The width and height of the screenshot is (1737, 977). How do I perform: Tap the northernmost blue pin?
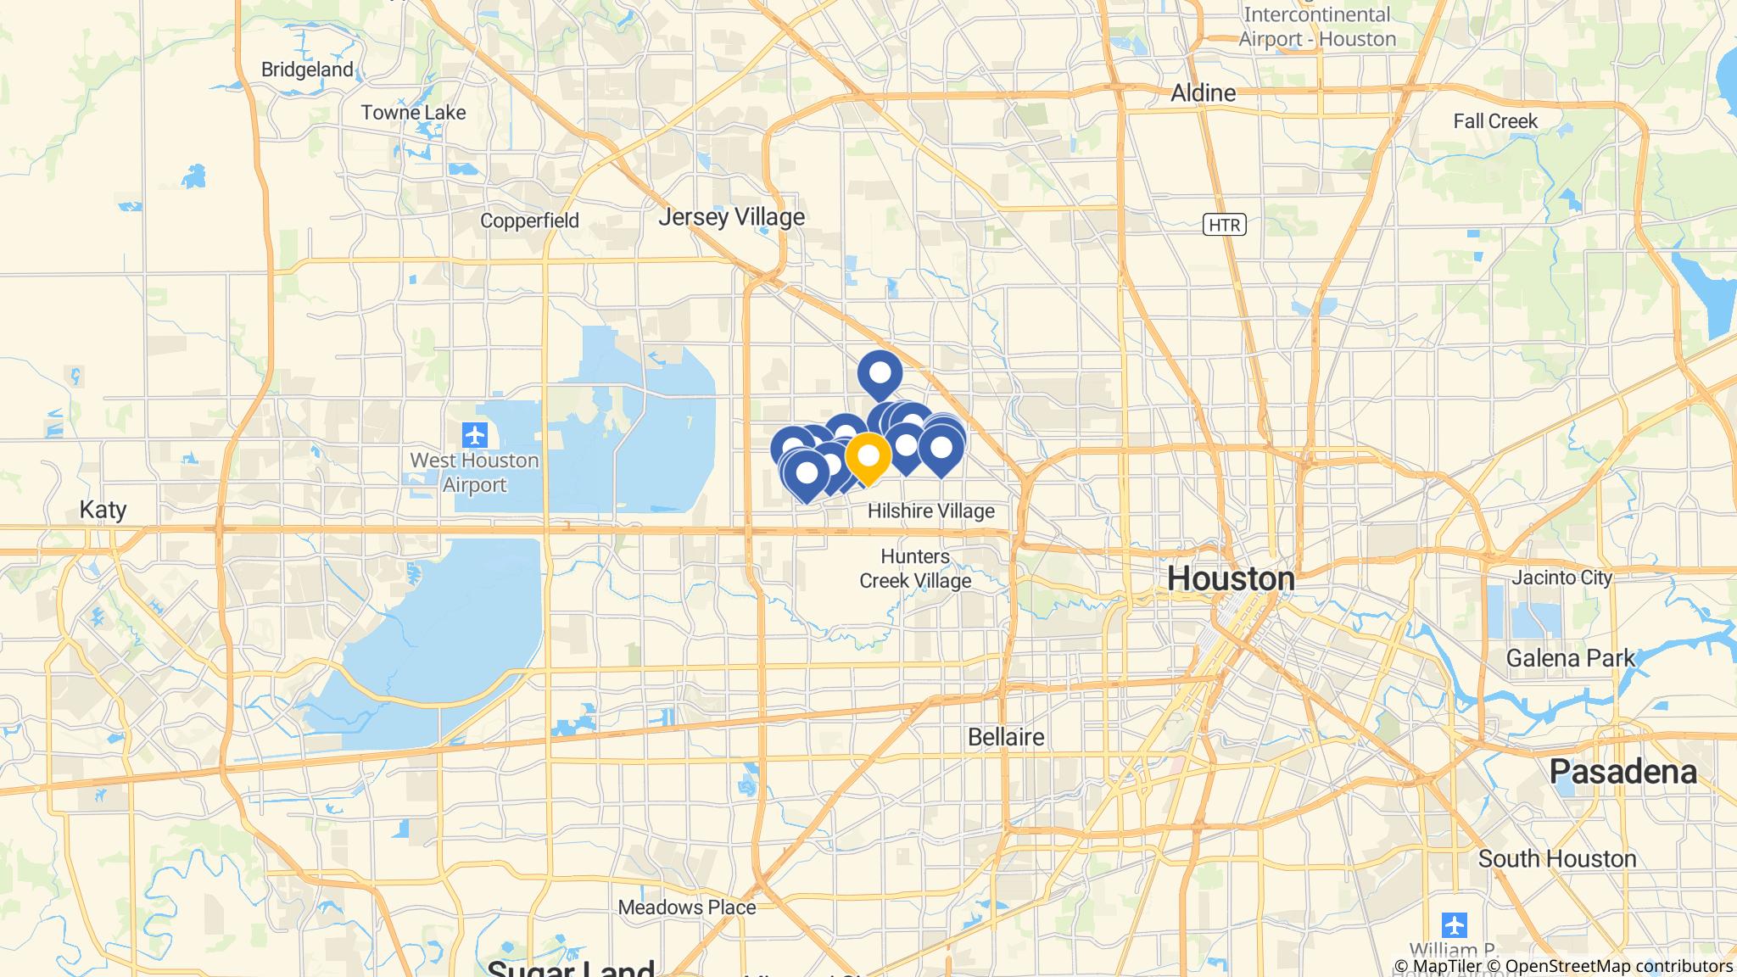coord(880,373)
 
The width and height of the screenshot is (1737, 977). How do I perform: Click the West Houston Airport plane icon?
coord(475,436)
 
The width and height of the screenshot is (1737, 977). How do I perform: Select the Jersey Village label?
coord(731,217)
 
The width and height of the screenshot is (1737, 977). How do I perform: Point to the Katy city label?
coord(103,510)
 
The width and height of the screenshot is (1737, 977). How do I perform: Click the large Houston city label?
coord(1231,578)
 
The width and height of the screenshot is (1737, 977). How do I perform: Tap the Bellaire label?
coord(1006,737)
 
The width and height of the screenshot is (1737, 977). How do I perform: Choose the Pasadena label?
coord(1623,772)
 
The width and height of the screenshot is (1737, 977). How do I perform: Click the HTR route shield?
coord(1223,225)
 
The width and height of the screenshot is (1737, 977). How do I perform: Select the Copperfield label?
coord(529,221)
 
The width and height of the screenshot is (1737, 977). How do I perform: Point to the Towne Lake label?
coord(413,112)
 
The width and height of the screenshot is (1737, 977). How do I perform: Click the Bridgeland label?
coord(307,70)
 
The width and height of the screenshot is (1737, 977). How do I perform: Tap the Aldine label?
coord(1203,92)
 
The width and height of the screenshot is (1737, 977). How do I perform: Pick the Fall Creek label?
coord(1494,121)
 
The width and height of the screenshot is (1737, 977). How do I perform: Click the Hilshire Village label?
coord(930,511)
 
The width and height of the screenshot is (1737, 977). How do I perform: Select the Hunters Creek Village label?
coord(915,568)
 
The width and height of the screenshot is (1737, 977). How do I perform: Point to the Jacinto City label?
coord(1561,578)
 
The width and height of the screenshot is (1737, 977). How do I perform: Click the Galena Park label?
coord(1570,658)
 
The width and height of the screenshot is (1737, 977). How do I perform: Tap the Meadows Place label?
coord(686,907)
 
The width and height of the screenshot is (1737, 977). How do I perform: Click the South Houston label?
coord(1556,859)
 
